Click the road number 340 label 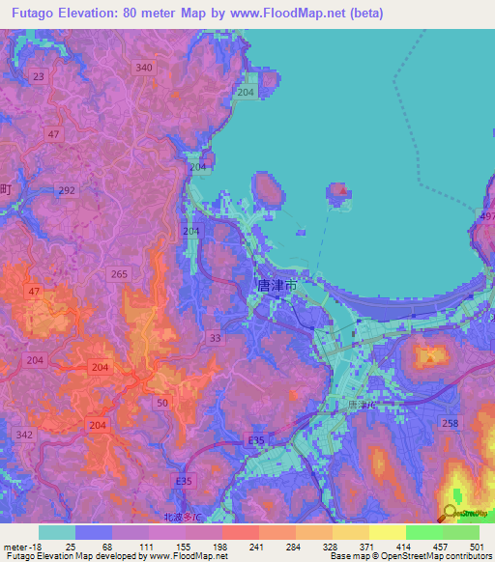pos(145,67)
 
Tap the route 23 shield pos(39,76)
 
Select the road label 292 pos(67,191)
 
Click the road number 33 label pos(215,338)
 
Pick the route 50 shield pos(162,402)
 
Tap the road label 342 pos(25,436)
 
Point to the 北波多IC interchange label pos(183,518)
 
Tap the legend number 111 pos(148,548)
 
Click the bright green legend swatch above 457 pos(424,532)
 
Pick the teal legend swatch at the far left pos(56,532)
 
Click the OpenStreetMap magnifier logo pos(453,514)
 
